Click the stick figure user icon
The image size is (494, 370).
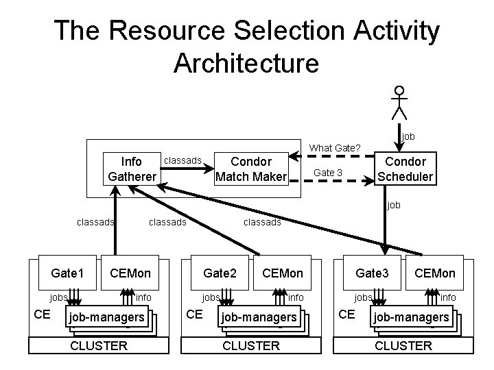[x=399, y=102]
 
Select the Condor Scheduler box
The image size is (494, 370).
[x=405, y=169]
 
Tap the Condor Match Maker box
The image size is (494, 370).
[x=250, y=169]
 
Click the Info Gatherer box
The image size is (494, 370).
[x=132, y=169]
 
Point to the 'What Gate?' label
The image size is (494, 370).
[x=335, y=148]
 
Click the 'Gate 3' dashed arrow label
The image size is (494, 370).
[x=328, y=173]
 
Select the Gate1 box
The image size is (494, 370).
[x=67, y=273]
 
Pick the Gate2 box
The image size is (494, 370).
[x=220, y=273]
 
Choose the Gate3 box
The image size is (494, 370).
[x=372, y=273]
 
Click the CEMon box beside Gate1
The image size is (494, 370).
[x=130, y=273]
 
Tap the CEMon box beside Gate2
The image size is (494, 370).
[x=283, y=273]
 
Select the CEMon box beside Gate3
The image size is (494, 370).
[x=434, y=273]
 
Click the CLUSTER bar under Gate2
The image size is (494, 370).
[x=251, y=345]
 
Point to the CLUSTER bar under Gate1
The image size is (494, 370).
[x=99, y=345]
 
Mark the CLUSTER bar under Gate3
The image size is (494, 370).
[x=403, y=345]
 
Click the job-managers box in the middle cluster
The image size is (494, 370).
[x=258, y=317]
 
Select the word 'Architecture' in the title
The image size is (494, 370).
[x=246, y=63]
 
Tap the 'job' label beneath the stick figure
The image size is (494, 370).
[x=408, y=137]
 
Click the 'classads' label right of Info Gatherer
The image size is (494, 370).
[x=182, y=161]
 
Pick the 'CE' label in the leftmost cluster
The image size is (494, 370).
[x=42, y=314]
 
